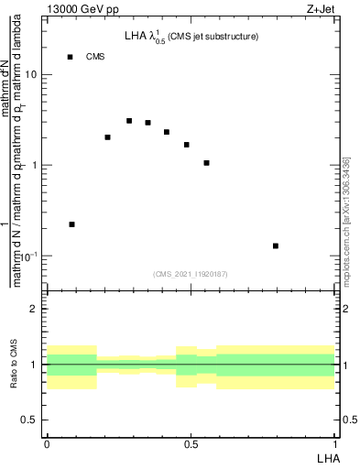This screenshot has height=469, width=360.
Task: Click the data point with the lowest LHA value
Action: tap(71, 224)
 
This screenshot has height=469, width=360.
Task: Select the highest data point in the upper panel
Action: tap(129, 121)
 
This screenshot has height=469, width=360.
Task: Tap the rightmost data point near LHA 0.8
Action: tap(276, 245)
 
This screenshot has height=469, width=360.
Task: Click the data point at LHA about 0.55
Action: tap(207, 163)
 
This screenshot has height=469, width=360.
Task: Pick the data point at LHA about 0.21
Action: tap(107, 137)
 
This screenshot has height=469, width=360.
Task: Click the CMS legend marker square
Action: tap(70, 57)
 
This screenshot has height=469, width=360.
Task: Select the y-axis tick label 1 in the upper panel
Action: tap(35, 165)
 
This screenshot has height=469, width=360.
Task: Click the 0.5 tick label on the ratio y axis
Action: tap(29, 420)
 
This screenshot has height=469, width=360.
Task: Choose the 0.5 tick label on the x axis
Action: tap(191, 444)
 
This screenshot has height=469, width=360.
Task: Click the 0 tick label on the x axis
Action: tap(46, 444)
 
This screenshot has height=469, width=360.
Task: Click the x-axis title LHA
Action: tap(328, 456)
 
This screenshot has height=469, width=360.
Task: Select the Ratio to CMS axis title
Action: tap(12, 365)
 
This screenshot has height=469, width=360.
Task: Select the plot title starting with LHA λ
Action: tap(191, 37)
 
